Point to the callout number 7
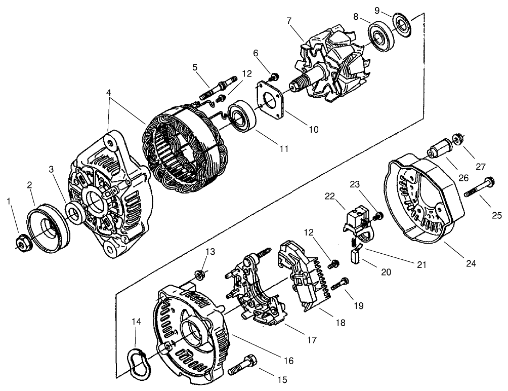click(289, 21)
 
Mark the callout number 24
click(472, 263)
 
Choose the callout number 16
click(288, 361)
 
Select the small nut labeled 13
click(200, 276)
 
